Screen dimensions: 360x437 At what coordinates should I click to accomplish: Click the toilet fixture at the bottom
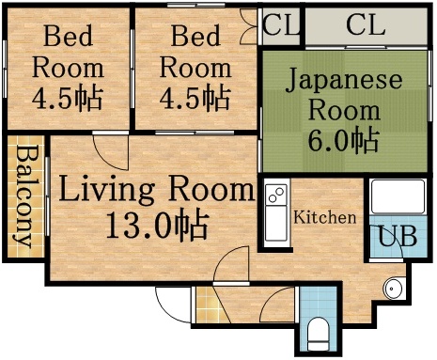coord(319,331)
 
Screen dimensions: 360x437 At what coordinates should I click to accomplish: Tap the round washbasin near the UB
coord(394,288)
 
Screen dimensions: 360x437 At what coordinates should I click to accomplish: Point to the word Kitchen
coord(325,218)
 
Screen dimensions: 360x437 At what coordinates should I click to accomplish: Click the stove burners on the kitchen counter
coord(275,196)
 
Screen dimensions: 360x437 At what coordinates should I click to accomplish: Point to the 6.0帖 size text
coord(343,142)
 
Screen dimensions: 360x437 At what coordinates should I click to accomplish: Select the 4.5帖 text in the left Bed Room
coord(68,97)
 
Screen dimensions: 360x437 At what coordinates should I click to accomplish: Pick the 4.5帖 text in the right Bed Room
coord(195,97)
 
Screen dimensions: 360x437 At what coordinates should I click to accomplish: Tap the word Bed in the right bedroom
coord(194,39)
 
